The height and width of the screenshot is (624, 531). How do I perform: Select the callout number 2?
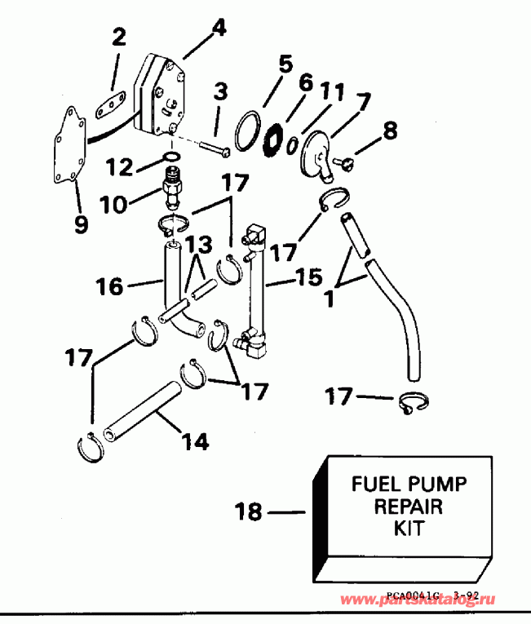(x=120, y=37)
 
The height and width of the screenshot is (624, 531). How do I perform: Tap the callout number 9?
(x=80, y=223)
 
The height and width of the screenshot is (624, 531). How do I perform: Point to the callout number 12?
(x=119, y=166)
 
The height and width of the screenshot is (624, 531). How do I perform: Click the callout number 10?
(x=114, y=203)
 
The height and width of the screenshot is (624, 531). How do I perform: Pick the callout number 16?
(x=110, y=286)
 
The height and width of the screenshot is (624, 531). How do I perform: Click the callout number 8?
(x=391, y=129)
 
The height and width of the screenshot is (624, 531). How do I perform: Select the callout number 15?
(x=309, y=278)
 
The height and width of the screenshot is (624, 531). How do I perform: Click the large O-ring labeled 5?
(x=246, y=131)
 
